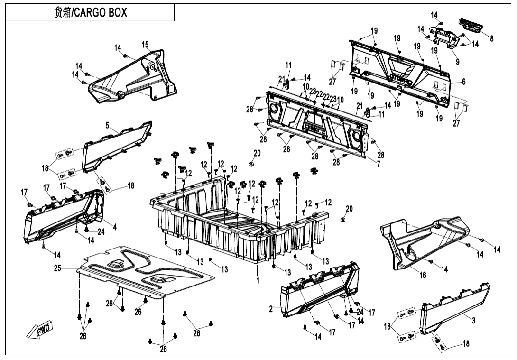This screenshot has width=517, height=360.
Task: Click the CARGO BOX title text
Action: click(90, 13)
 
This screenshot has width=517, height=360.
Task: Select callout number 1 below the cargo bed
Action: click(258, 281)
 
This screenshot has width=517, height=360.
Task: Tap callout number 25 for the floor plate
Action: click(57, 268)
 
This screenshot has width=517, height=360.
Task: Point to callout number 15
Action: click(145, 45)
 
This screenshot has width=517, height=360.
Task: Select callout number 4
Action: click(115, 227)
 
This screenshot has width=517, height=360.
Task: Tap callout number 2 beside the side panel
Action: click(271, 309)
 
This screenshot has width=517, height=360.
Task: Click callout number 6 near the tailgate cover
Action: click(463, 82)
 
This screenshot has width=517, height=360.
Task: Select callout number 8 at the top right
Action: click(492, 39)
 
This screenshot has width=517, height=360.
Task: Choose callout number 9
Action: click(457, 62)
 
